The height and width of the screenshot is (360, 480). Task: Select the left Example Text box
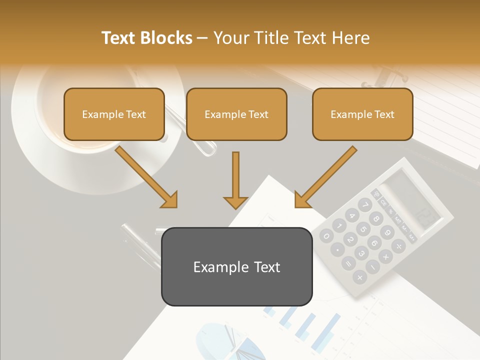[x=114, y=114]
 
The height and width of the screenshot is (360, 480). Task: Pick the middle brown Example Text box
[x=236, y=114]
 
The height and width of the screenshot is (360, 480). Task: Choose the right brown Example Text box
[x=362, y=114]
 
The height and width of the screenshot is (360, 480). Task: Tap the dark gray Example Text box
[x=236, y=266]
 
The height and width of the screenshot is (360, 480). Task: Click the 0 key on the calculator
[x=326, y=236]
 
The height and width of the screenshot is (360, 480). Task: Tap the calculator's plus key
[x=359, y=276]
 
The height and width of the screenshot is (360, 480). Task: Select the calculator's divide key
[x=398, y=245]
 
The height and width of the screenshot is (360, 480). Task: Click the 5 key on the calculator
[x=363, y=229]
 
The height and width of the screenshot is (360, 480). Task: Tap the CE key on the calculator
[x=384, y=203]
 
